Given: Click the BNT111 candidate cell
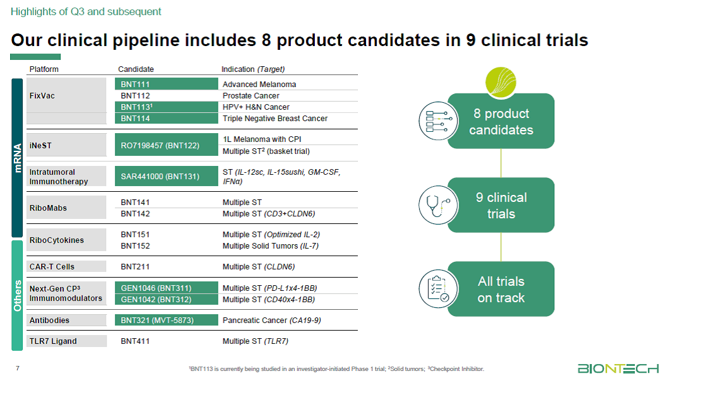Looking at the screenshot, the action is (166, 84).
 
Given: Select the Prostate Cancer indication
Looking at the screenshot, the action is (251, 96).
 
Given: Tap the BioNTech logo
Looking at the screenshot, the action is (618, 368).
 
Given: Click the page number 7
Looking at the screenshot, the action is (18, 368).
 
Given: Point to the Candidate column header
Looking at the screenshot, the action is (136, 69).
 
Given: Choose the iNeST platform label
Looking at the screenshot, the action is (40, 146).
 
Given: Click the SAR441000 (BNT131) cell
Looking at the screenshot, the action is (166, 176).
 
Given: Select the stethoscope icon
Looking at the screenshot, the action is (439, 205).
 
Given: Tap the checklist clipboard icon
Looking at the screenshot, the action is (439, 289).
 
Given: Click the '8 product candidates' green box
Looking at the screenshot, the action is (501, 122).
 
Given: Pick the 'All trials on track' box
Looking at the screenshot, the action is (501, 289).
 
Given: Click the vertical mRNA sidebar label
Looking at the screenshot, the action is (18, 158).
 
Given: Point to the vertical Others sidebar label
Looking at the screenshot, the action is (18, 295).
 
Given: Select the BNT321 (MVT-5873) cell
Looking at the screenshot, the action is (166, 320).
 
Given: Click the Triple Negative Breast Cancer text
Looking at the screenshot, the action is (275, 119).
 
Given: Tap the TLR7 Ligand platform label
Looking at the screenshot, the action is (53, 341).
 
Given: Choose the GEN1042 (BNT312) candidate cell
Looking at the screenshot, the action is (166, 299).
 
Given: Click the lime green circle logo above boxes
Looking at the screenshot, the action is (500, 83).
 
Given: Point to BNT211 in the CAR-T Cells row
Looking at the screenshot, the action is (135, 266).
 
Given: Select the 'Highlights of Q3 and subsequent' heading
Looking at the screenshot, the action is (86, 11).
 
